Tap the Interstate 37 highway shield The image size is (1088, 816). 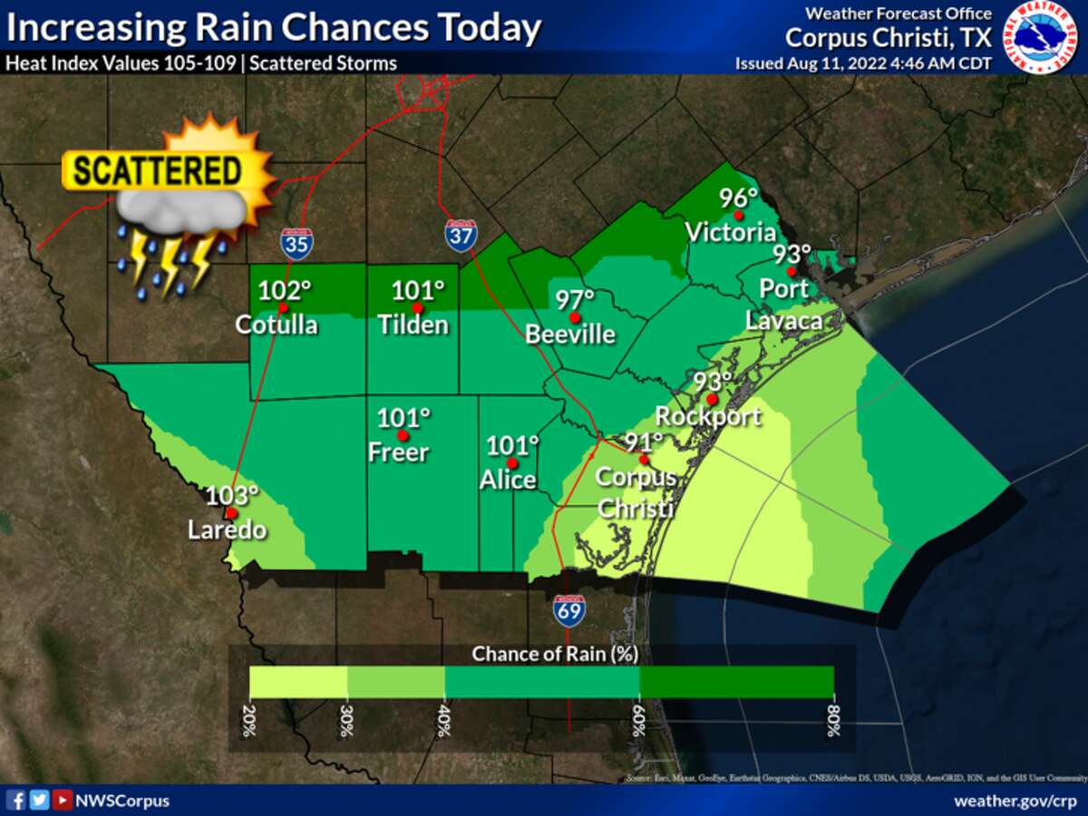(x=461, y=235)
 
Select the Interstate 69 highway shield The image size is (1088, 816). (x=569, y=611)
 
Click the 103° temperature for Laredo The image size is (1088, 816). (x=232, y=495)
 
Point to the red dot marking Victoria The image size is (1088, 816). (x=739, y=216)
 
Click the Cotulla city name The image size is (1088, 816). (x=277, y=325)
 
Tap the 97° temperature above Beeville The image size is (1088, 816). (x=575, y=299)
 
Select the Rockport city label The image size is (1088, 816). (x=707, y=416)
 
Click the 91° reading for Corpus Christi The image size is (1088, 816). (x=644, y=442)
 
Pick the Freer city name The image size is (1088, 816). (x=398, y=451)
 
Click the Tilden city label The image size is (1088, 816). (x=414, y=325)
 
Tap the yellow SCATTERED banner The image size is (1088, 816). (x=157, y=171)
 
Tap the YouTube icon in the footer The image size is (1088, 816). (x=62, y=800)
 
